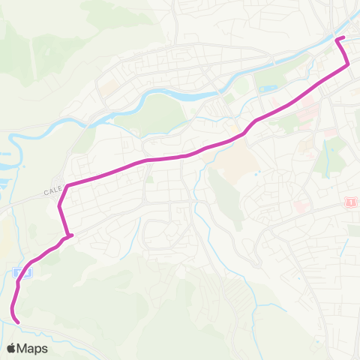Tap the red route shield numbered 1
[x=349, y=202]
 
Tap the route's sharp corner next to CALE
[x=67, y=185]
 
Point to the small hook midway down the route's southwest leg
[x=70, y=236]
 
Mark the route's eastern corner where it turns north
[x=347, y=66]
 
